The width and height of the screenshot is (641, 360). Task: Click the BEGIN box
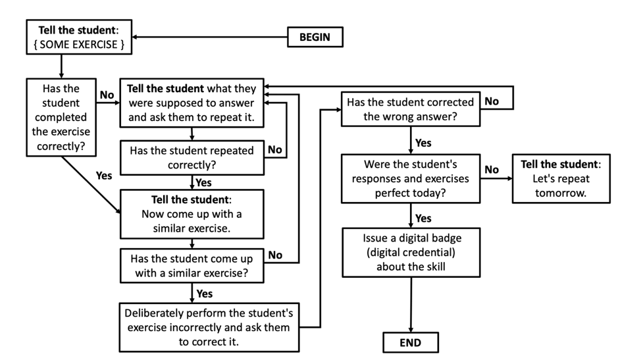click(315, 37)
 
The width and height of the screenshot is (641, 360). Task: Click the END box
click(410, 342)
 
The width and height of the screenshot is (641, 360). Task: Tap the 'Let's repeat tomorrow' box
click(561, 179)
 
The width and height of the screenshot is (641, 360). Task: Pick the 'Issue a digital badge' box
click(411, 252)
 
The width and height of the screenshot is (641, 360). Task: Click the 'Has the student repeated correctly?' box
click(192, 157)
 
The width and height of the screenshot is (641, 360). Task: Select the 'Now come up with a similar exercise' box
click(192, 213)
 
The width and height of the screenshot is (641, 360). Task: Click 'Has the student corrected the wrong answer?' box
click(411, 109)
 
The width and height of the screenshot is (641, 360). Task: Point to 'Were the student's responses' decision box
click(411, 179)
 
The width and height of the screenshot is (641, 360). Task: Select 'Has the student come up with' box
click(192, 266)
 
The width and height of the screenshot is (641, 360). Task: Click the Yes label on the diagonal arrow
click(104, 176)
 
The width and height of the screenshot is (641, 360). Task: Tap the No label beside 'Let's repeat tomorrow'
click(492, 170)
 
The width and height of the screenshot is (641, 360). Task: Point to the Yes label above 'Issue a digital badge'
click(423, 218)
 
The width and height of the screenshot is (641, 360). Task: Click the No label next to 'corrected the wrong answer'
click(492, 101)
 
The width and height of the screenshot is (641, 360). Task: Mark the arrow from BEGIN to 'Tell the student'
click(211, 37)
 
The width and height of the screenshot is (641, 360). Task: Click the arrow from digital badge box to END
click(411, 303)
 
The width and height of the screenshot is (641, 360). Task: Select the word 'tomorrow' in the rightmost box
click(561, 194)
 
